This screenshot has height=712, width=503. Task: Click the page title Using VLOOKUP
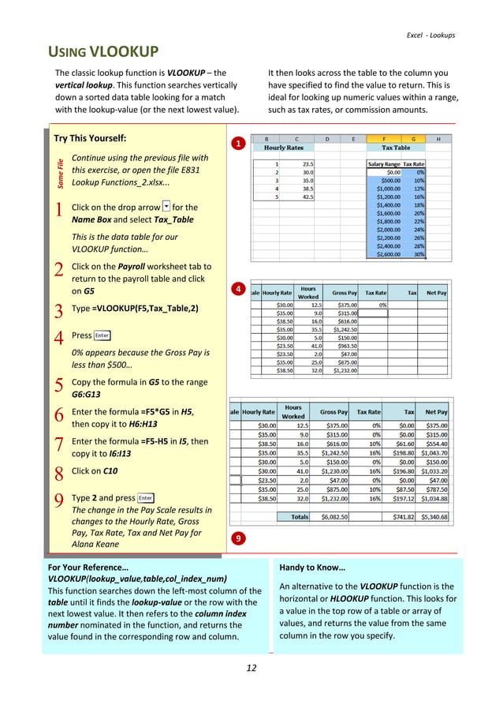(x=105, y=54)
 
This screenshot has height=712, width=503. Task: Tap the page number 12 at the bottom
(x=251, y=669)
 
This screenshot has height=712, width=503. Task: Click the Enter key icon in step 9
(x=145, y=498)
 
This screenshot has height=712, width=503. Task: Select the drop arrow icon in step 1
(x=164, y=206)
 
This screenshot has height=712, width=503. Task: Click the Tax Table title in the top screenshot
(x=395, y=148)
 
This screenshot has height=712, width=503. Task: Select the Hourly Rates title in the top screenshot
(x=285, y=148)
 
